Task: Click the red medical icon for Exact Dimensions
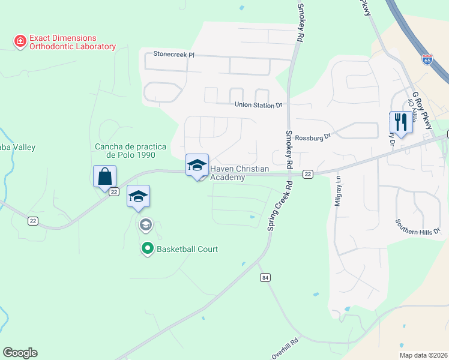click(x=20, y=41)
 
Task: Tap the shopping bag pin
click(x=104, y=176)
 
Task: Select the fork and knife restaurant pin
click(x=400, y=122)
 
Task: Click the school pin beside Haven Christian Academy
click(x=197, y=166)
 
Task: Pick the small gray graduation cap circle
click(x=145, y=225)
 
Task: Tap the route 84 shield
click(x=265, y=277)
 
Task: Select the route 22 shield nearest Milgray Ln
click(x=307, y=174)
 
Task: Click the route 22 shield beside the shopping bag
click(x=114, y=192)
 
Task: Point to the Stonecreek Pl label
click(x=174, y=54)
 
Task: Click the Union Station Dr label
click(x=258, y=105)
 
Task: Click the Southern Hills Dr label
click(x=418, y=226)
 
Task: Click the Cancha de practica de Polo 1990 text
click(x=125, y=151)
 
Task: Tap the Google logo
click(x=20, y=353)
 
